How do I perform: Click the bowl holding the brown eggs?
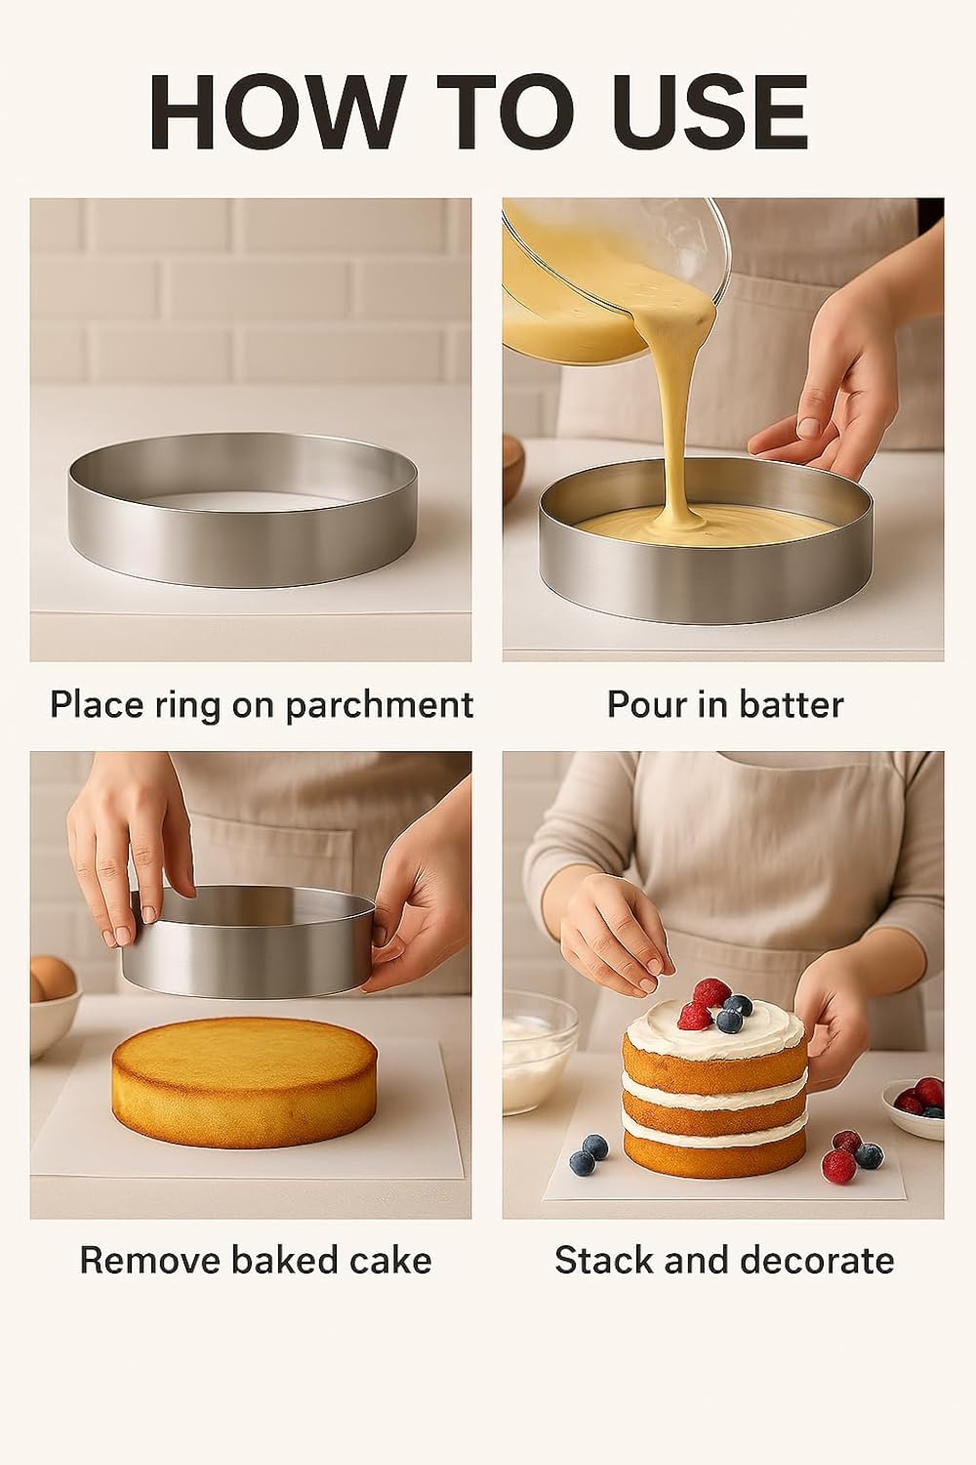(x=54, y=1016)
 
